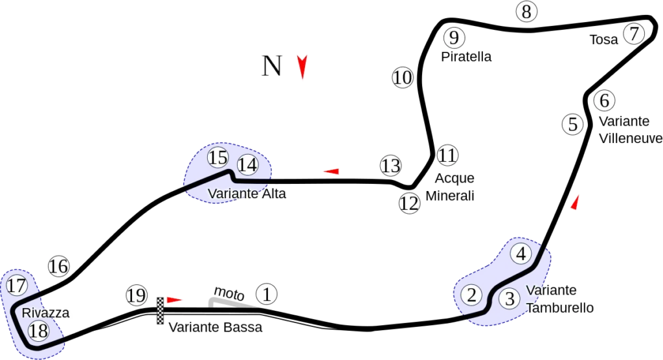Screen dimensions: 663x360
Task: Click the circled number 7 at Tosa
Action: pos(634,34)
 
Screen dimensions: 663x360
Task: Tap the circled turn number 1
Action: pos(266,294)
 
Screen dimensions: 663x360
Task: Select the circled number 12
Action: pos(409,203)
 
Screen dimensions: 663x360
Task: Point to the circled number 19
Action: pos(137,295)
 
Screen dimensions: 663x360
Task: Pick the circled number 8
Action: pos(526,12)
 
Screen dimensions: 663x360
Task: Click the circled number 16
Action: pos(59,266)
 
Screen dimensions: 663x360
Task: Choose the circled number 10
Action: pos(403,78)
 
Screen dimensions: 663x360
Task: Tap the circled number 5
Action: pos(573,124)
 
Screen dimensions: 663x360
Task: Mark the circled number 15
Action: pos(218,158)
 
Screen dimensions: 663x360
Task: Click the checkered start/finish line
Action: pos(161,311)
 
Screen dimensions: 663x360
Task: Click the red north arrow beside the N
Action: pos(302,67)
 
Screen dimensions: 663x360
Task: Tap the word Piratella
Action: pos(466,57)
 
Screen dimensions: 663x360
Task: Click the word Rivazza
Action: pos(46,313)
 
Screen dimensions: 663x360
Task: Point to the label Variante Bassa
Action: pos(215,327)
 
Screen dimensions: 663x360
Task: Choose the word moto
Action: pos(229,293)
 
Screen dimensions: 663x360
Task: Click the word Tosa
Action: pos(604,39)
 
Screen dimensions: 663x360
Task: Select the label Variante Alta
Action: pos(247,194)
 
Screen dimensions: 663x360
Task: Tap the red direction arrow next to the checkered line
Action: pos(174,300)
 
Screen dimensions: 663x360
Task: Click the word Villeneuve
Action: pos(631,139)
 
